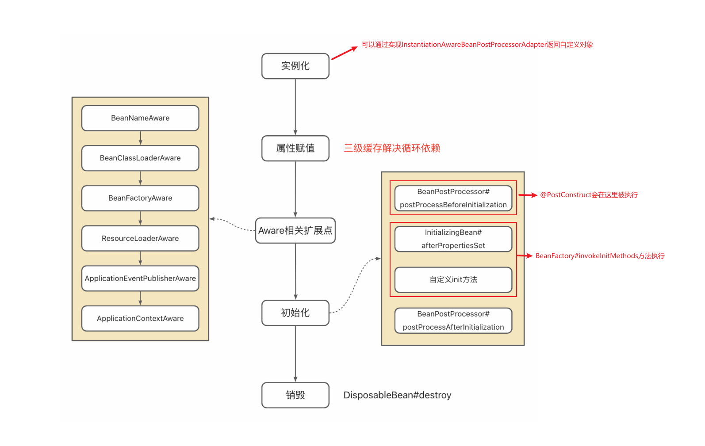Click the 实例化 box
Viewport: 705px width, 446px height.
pyautogui.click(x=295, y=66)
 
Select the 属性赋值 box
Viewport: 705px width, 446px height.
pyautogui.click(x=295, y=149)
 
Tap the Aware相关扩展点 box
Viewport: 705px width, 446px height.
pyautogui.click(x=295, y=231)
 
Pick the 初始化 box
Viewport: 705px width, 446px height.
pyautogui.click(x=295, y=313)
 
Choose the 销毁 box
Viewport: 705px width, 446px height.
pyautogui.click(x=295, y=395)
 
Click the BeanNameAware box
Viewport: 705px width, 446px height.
pyautogui.click(x=140, y=118)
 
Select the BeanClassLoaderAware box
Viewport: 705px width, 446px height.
pyautogui.click(x=140, y=158)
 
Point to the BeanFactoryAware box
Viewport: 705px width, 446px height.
pyautogui.click(x=140, y=198)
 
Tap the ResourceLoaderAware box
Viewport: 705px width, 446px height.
pyautogui.click(x=140, y=238)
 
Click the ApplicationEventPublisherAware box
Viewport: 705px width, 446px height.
pyautogui.click(x=140, y=278)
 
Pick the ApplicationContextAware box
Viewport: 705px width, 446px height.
pyautogui.click(x=140, y=318)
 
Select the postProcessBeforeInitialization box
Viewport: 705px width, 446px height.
pyautogui.click(x=453, y=198)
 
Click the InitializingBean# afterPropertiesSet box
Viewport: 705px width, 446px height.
pyautogui.click(x=453, y=239)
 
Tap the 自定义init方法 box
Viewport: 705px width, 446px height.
pyautogui.click(x=453, y=280)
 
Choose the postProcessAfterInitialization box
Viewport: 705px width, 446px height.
pyautogui.click(x=453, y=320)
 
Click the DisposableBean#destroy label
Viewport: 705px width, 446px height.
pyautogui.click(x=397, y=395)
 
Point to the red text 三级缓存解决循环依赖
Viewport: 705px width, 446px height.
pyautogui.click(x=392, y=148)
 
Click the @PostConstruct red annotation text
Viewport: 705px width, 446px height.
pyautogui.click(x=589, y=195)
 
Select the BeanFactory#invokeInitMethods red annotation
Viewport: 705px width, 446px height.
pyautogui.click(x=600, y=256)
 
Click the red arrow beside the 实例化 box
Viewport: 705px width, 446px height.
pyautogui.click(x=344, y=53)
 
